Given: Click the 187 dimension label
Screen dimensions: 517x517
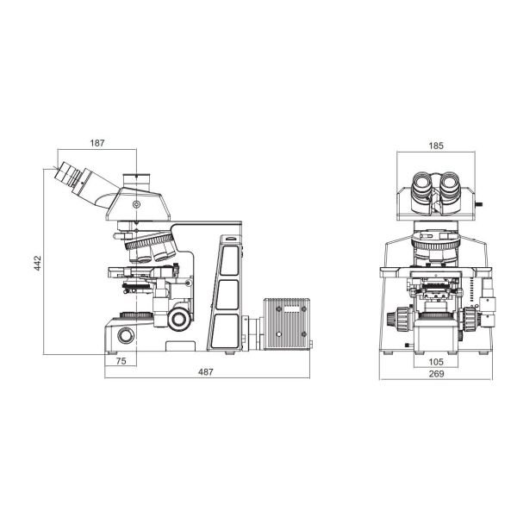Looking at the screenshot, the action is pos(97,143).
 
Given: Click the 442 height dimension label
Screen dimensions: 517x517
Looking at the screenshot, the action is pos(38,263).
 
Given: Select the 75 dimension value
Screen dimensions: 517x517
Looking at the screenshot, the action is pos(121,361).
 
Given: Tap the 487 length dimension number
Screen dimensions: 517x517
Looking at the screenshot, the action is pos(206,372).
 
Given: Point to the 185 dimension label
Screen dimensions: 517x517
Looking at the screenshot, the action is pos(436,146).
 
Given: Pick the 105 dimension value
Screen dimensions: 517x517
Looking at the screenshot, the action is pos(435,362).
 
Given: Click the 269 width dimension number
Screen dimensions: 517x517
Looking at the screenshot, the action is pos(436,374).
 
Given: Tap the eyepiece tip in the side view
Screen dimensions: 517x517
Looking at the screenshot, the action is pos(63,172).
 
